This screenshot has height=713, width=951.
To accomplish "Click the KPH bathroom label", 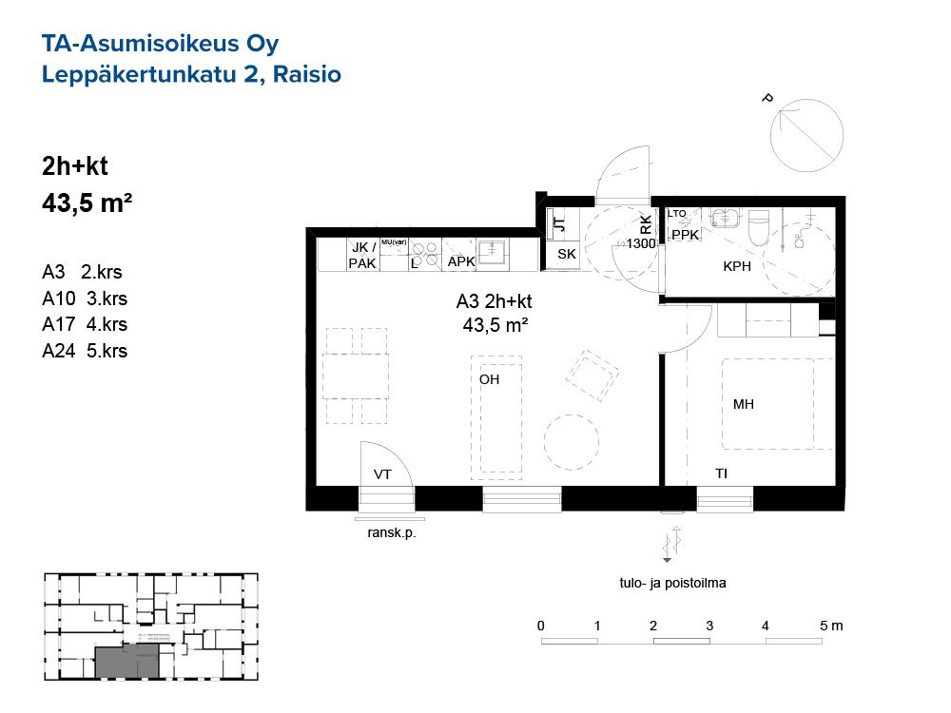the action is pyautogui.click(x=737, y=266).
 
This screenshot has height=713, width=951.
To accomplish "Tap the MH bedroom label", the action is pyautogui.click(x=744, y=404).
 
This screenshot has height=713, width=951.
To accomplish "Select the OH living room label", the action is pyautogui.click(x=490, y=379).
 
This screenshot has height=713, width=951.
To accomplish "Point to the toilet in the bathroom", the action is pyautogui.click(x=758, y=227).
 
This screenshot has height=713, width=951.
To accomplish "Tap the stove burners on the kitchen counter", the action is pyautogui.click(x=425, y=255).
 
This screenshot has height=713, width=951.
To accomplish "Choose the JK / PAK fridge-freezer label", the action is pyautogui.click(x=362, y=255).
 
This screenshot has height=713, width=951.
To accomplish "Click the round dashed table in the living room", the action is pyautogui.click(x=572, y=442).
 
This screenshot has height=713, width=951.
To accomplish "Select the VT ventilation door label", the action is pyautogui.click(x=382, y=474).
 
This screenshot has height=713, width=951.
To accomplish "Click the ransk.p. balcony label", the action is pyautogui.click(x=392, y=533).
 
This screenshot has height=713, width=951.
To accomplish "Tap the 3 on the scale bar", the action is pyautogui.click(x=709, y=626).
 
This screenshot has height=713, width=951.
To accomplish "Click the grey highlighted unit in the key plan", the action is pyautogui.click(x=127, y=661).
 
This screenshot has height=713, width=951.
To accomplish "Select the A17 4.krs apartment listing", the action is pyautogui.click(x=85, y=324).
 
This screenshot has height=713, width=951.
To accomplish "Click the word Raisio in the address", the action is pyautogui.click(x=307, y=74).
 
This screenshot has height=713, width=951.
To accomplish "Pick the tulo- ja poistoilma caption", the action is pyautogui.click(x=672, y=584).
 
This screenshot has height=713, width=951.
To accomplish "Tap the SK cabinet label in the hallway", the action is pyautogui.click(x=567, y=254).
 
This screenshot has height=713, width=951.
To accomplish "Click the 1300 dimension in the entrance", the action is pyautogui.click(x=641, y=243).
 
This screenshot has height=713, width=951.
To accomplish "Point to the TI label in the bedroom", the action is pyautogui.click(x=721, y=473).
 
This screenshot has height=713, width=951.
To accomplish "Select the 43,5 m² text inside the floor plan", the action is pyautogui.click(x=495, y=325).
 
